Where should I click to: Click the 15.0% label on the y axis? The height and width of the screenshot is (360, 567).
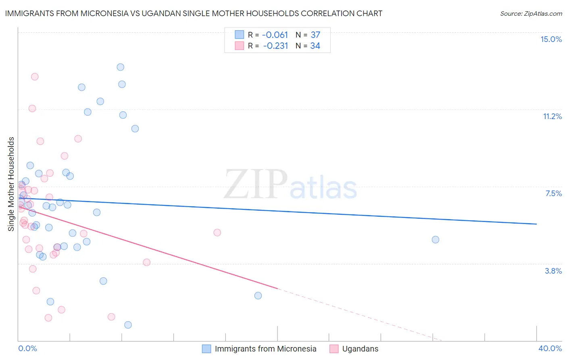(551, 39)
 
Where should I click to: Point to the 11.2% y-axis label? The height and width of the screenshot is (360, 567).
(552, 116)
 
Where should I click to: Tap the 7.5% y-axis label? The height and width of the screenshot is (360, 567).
(553, 193)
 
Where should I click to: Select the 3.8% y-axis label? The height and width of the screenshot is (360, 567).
(553, 271)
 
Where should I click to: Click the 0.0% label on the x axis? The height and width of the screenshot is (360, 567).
(27, 348)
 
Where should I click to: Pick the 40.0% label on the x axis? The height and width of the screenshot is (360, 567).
(550, 348)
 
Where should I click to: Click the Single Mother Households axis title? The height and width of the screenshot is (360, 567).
(11, 184)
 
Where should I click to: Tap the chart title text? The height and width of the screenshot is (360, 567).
(194, 13)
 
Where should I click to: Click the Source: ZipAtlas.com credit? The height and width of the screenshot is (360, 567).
(531, 13)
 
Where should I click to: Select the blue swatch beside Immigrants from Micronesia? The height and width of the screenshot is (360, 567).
(206, 349)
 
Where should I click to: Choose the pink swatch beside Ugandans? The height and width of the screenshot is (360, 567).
(334, 349)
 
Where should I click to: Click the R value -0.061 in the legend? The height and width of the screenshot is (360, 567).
(275, 35)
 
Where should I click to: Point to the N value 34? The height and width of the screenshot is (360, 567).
(315, 46)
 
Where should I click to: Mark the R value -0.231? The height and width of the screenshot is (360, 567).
(275, 46)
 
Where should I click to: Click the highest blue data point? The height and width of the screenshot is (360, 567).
(120, 67)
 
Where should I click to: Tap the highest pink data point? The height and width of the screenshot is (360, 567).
(35, 77)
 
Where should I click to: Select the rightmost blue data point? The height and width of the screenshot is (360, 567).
(436, 239)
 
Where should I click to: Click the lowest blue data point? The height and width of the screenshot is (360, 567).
(128, 325)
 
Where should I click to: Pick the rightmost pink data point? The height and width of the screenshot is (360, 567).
(217, 232)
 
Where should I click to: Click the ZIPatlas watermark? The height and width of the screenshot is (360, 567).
(290, 184)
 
